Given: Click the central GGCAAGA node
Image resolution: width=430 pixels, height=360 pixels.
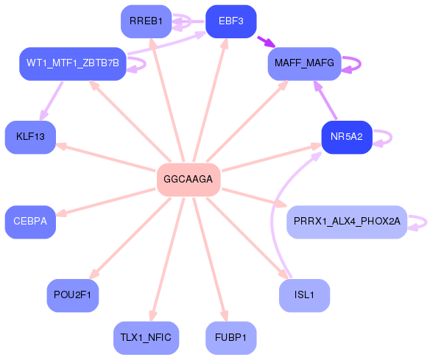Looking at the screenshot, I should coord(188,180).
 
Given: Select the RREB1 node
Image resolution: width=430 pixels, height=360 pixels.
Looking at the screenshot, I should coord(146,21).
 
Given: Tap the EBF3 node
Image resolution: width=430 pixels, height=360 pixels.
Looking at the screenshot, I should coord(230,21).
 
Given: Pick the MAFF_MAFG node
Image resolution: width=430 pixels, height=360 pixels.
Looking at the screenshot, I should coord(303,64).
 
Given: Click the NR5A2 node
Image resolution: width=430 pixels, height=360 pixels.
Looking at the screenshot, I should coord(346,137).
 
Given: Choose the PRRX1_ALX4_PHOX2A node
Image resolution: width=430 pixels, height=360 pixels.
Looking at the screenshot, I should coord(346,221).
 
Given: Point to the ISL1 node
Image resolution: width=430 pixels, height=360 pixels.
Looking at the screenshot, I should coord(304,295).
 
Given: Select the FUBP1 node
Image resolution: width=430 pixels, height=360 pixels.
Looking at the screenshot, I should coord(230,338).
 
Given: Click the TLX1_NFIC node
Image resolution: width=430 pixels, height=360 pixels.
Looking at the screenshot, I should coord(146,338).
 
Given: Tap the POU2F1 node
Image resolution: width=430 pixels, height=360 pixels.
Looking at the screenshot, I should coord(72,295).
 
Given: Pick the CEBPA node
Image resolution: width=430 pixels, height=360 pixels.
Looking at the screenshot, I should coord(30,221).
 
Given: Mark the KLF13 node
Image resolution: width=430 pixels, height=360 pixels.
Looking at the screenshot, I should coord(30,137).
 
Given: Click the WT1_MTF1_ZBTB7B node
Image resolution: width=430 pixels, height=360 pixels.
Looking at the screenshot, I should coord(72,64).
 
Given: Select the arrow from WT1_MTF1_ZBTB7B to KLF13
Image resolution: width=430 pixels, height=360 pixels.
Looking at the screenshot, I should coord(52,101).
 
